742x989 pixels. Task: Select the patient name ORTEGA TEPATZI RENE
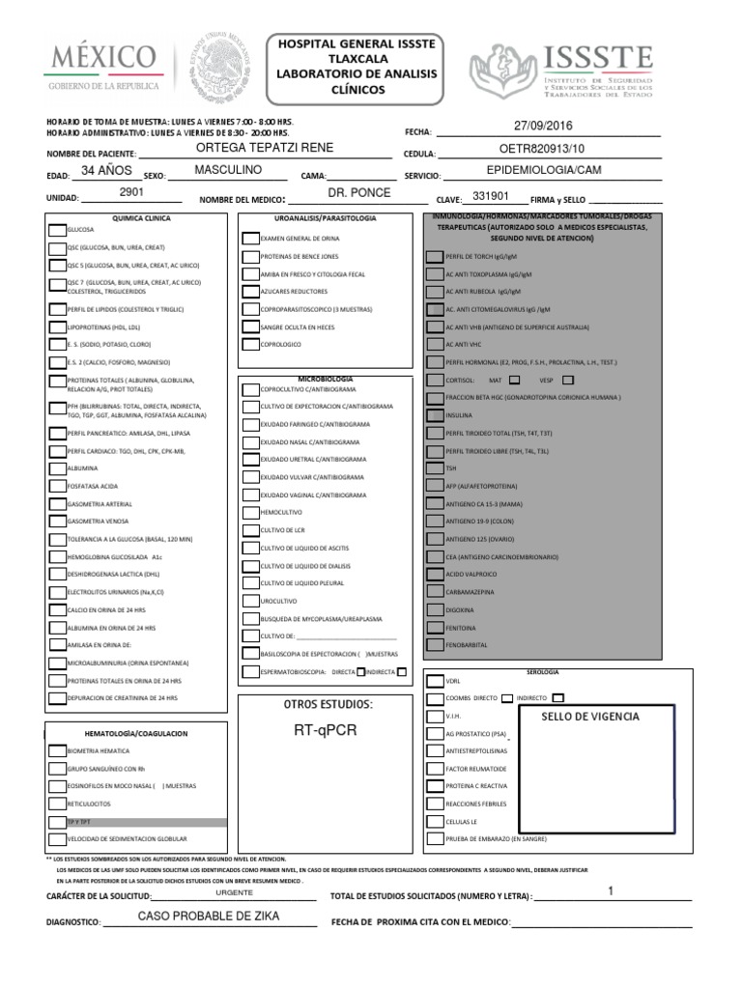[x=264, y=147]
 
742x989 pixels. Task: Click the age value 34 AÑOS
[x=106, y=170]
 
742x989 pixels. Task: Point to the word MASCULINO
[x=228, y=170]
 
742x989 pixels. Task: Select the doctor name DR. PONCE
[x=358, y=193]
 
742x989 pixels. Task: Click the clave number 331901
[x=490, y=196]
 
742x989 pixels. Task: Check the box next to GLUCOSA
[x=56, y=231]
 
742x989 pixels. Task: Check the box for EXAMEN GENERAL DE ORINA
[x=250, y=238]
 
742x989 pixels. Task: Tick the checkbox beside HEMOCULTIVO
[x=250, y=512]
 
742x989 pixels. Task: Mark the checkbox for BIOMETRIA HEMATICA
[x=56, y=749]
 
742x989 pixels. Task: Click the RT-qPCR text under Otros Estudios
[x=325, y=730]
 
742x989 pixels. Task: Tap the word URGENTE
[x=234, y=892]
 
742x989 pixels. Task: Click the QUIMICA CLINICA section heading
[x=142, y=219]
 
